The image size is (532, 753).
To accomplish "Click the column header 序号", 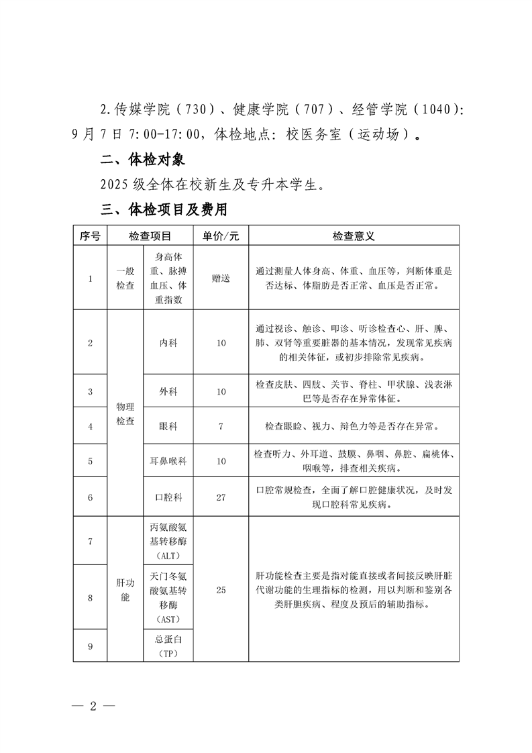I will click(x=90, y=236).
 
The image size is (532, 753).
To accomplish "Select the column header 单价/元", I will click(x=221, y=236).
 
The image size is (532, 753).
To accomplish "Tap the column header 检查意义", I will click(x=353, y=236).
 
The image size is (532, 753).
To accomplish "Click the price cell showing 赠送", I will click(x=221, y=279).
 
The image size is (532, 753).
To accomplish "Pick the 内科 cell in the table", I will click(x=168, y=343).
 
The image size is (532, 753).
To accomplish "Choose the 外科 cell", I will click(x=168, y=391).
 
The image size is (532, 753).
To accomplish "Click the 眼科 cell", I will click(x=168, y=426).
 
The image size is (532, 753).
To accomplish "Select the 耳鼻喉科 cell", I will click(x=168, y=461).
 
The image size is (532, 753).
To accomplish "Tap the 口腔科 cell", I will click(x=168, y=497).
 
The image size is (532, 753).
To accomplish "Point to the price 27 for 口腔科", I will click(x=221, y=497).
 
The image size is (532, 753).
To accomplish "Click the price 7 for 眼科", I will click(x=221, y=426).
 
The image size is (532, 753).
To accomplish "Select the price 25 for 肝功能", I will click(x=221, y=590).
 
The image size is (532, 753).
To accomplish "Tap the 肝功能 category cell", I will click(x=125, y=590).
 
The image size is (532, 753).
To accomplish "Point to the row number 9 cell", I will click(x=90, y=646).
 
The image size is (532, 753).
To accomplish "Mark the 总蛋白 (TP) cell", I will click(x=168, y=646).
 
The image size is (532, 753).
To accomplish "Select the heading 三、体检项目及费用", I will click(x=164, y=209).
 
